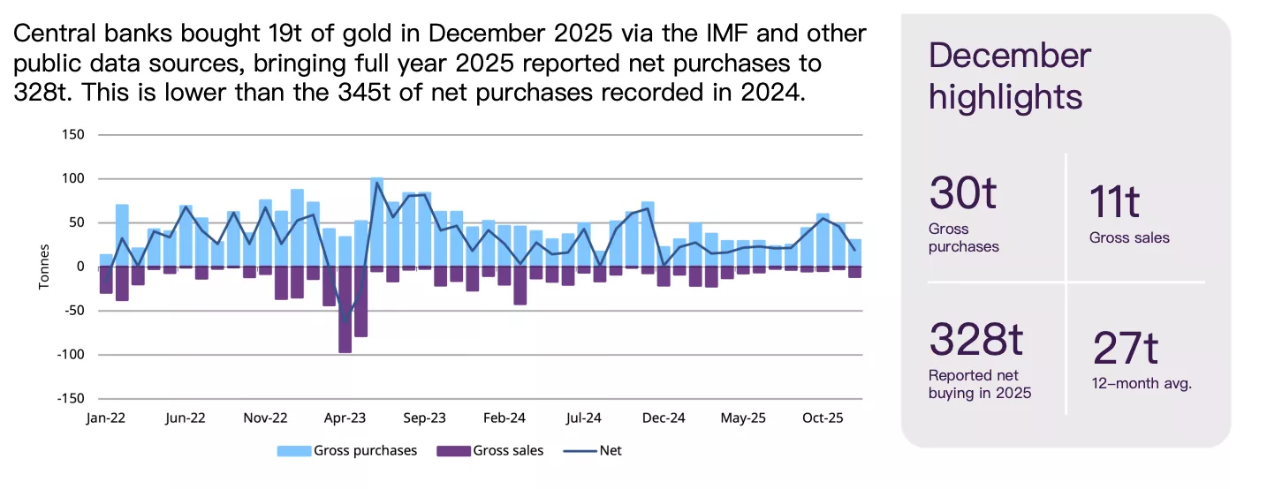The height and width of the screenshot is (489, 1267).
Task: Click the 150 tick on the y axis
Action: point(73,135)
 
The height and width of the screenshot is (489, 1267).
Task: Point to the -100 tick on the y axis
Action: point(70,355)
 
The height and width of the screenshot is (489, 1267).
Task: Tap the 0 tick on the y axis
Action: point(80,267)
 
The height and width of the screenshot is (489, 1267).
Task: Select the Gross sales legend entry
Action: point(508,451)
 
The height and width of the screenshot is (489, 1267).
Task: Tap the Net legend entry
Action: point(610,451)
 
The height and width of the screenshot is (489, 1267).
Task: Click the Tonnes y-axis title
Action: point(44,267)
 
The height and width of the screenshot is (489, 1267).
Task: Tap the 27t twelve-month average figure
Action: point(1125,348)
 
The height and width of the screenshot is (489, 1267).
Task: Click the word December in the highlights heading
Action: point(1010,56)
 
